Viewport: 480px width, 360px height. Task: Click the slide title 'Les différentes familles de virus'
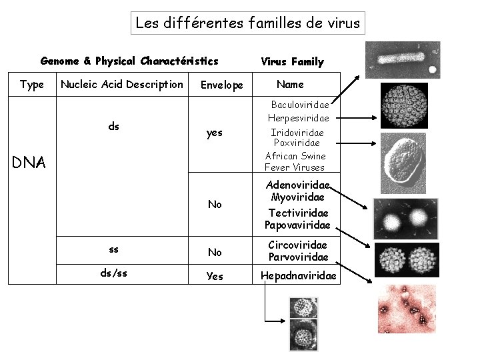tap(247, 23)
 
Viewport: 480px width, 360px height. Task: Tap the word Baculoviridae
tap(299, 105)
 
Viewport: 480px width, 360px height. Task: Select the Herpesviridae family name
tap(298, 118)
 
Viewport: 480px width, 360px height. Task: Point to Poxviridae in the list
tap(297, 143)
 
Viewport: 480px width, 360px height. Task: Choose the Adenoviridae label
tap(298, 185)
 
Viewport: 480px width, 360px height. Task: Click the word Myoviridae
tap(298, 197)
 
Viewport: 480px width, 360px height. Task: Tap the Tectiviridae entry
tap(298, 212)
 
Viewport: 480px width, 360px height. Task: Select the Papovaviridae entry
tap(297, 225)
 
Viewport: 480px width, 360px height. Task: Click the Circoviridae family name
tap(298, 245)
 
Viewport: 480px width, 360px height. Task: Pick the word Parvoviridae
tap(298, 257)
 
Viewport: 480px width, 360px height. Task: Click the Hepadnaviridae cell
tap(298, 275)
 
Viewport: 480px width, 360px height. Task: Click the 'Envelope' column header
tap(222, 85)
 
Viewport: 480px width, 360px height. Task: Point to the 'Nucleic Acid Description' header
tap(121, 84)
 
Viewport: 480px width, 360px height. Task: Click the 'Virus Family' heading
tap(292, 62)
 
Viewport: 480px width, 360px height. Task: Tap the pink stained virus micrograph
tap(407, 309)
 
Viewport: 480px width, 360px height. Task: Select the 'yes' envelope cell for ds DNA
tap(215, 133)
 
